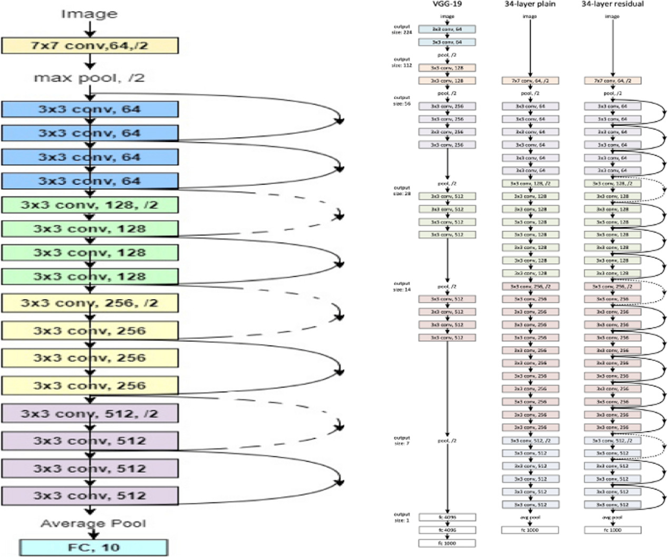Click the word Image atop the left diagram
pyautogui.click(x=89, y=14)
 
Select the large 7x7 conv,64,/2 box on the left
pyautogui.click(x=90, y=46)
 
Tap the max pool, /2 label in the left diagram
pyautogui.click(x=89, y=78)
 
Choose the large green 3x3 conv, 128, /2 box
pyautogui.click(x=90, y=205)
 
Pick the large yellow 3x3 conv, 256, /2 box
pyautogui.click(x=90, y=303)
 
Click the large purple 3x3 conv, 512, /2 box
pyautogui.click(x=90, y=414)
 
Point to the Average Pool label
pyautogui.click(x=93, y=523)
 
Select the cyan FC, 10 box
pyautogui.click(x=94, y=547)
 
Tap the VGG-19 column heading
pyautogui.click(x=447, y=4)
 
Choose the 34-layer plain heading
pyautogui.click(x=529, y=4)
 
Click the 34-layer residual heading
pyautogui.click(x=612, y=4)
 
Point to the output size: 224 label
pyautogui.click(x=402, y=30)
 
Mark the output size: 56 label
pyautogui.click(x=402, y=100)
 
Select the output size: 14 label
pyautogui.click(x=402, y=286)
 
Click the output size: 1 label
pyautogui.click(x=402, y=517)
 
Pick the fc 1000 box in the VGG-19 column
pyautogui.click(x=447, y=543)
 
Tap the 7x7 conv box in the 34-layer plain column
pyautogui.click(x=530, y=81)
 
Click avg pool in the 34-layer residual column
pyautogui.click(x=612, y=517)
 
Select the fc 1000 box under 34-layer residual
pyautogui.click(x=612, y=530)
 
